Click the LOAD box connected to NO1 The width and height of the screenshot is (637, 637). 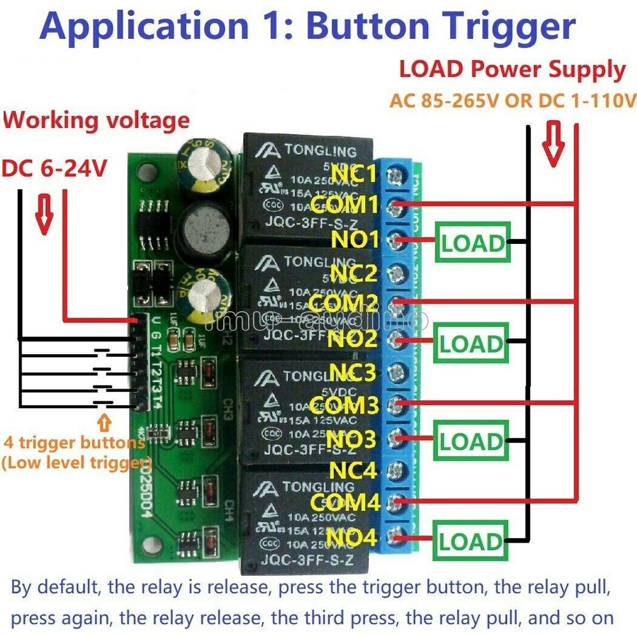[x=473, y=242]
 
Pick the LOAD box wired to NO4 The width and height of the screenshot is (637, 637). [x=471, y=541]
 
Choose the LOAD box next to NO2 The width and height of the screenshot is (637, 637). [x=471, y=344]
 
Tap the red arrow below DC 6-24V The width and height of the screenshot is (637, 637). [x=44, y=217]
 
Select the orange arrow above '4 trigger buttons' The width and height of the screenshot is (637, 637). [x=104, y=422]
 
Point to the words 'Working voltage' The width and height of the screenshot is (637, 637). [x=96, y=120]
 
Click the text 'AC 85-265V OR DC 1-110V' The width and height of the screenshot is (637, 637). [x=513, y=101]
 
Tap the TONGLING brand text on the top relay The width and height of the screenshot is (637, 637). [x=320, y=152]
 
